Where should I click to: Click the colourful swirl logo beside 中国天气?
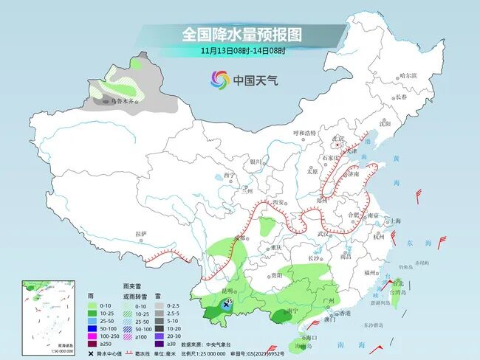(219, 79)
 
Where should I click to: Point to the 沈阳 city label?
(384, 123)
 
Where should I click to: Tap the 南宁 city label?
(292, 312)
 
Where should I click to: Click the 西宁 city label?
(225, 176)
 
